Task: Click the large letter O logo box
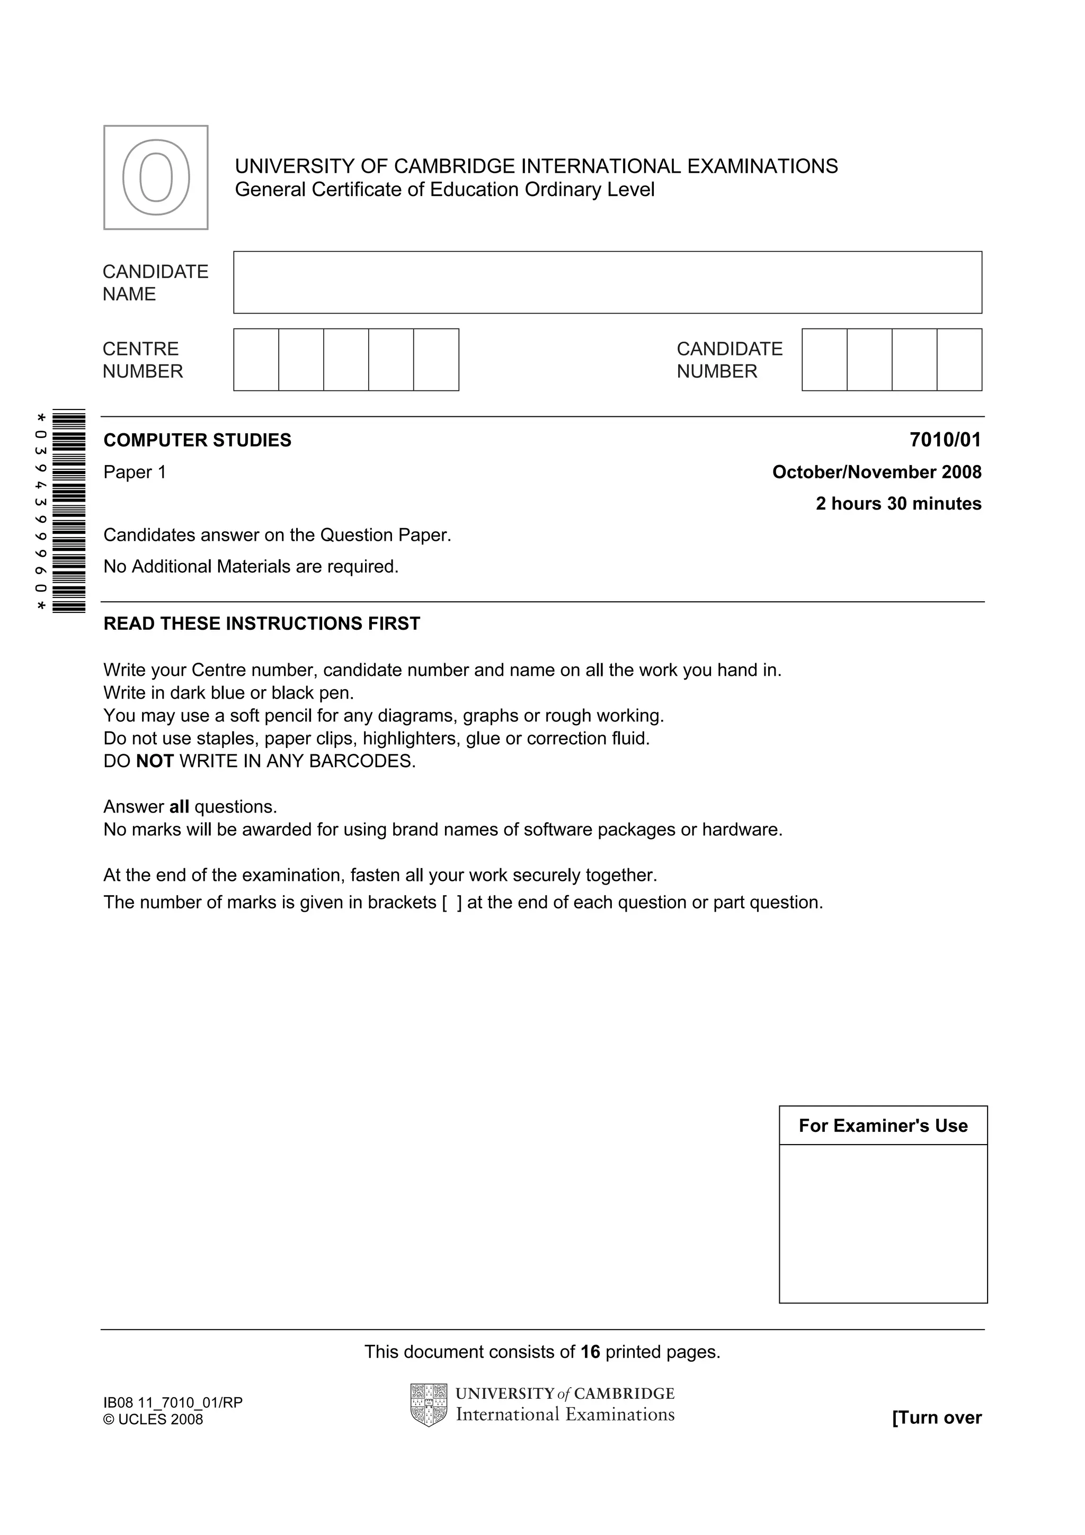tap(156, 178)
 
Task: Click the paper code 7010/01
tap(945, 440)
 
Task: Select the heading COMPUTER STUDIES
tap(197, 440)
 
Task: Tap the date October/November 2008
tap(876, 472)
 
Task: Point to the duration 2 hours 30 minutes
tap(898, 503)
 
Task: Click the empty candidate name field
tap(607, 282)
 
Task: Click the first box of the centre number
tap(256, 360)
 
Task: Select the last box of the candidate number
tap(959, 360)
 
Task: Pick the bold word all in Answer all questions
tap(179, 806)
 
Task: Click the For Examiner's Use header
tap(883, 1126)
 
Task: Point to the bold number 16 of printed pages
tap(590, 1352)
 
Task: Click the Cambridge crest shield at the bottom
tap(429, 1405)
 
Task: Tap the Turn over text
tap(936, 1417)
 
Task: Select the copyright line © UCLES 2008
tap(153, 1420)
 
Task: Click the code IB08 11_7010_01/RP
tap(173, 1402)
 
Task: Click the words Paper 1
tap(135, 472)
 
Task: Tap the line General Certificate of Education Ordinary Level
tap(444, 190)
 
